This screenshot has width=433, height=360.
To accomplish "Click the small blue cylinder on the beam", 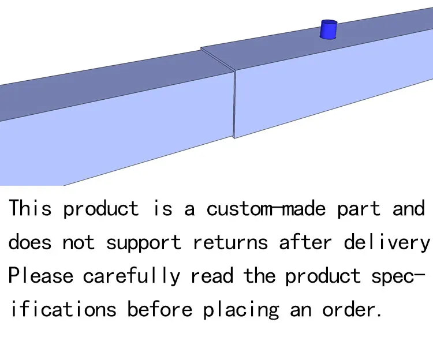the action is (329, 29).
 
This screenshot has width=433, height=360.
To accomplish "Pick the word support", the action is (144, 243).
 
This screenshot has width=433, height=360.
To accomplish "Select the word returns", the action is (230, 242).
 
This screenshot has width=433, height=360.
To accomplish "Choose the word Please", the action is (40, 276).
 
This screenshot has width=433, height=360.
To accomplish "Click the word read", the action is (211, 276).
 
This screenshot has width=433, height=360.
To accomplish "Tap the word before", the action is (160, 309).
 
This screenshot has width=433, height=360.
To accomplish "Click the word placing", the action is (241, 310).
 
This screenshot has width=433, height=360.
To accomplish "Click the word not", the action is (78, 242).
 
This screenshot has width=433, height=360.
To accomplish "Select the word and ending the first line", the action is (409, 208).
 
